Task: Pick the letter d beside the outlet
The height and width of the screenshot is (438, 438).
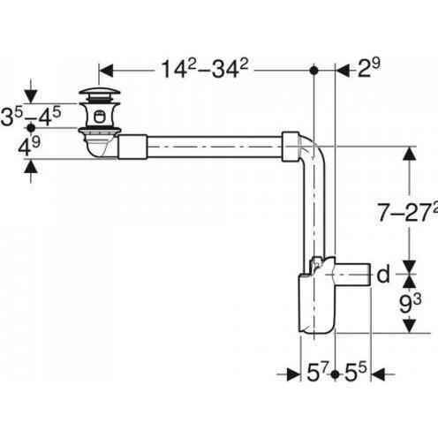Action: (382, 275)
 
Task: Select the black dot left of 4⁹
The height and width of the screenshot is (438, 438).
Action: (32, 127)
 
